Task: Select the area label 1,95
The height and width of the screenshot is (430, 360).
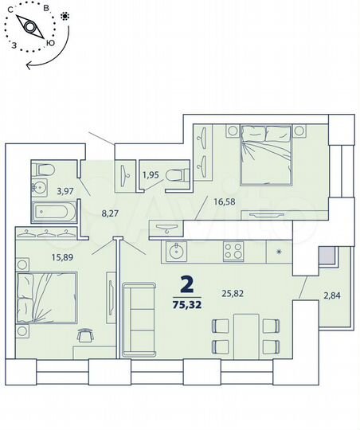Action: coord(151,175)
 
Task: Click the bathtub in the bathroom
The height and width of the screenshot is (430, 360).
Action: coord(54,213)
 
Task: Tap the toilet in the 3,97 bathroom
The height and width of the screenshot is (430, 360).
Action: coord(45,168)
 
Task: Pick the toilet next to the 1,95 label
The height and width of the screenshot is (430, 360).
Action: coord(179,173)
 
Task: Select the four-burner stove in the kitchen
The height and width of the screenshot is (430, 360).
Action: coord(233,252)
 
